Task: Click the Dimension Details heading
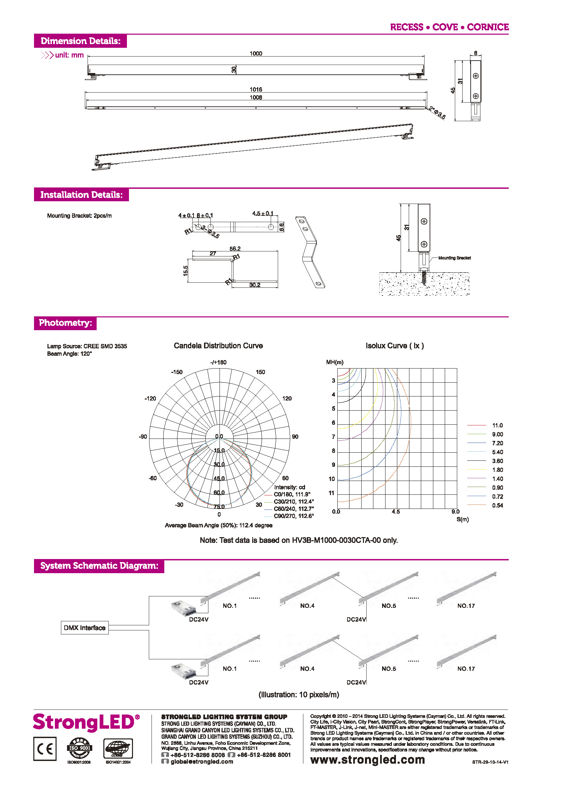80,41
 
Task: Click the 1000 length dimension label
256,53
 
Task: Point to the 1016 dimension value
256,90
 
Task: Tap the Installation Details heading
81,195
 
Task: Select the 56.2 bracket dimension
235,248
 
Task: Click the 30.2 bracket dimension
255,285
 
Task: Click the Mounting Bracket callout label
454,258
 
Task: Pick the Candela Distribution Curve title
218,346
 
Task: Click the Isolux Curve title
395,346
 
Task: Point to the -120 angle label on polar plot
150,398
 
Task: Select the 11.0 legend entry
497,425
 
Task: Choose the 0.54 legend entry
497,505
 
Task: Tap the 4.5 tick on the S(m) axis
396,512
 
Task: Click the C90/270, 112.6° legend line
294,516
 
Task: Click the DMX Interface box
85,628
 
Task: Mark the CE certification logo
45,749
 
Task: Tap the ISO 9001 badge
79,748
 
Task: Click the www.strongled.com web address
367,760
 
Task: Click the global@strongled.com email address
201,761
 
